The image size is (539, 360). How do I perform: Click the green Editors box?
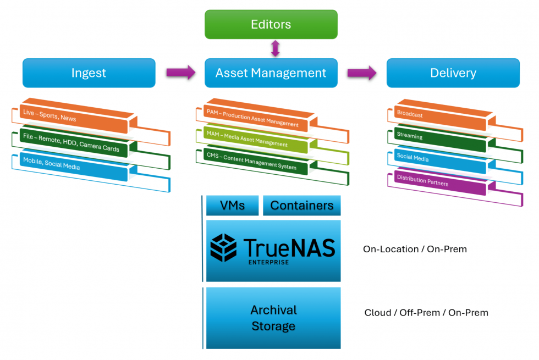pyautogui.click(x=271, y=25)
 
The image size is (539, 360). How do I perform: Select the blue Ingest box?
pyautogui.click(x=89, y=73)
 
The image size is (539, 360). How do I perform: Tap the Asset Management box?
pyautogui.click(x=271, y=73)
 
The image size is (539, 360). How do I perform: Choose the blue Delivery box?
pyautogui.click(x=453, y=73)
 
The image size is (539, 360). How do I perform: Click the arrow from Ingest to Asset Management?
pyautogui.click(x=180, y=72)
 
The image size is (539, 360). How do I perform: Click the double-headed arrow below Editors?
pyautogui.click(x=275, y=48)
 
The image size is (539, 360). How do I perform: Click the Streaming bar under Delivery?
pyautogui.click(x=440, y=139)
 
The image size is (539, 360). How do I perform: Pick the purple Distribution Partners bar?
pyautogui.click(x=440, y=182)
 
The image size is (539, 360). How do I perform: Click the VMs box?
pyautogui.click(x=232, y=206)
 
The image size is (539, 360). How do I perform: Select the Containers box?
pyautogui.click(x=302, y=206)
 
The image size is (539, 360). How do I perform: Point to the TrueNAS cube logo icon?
pyautogui.click(x=224, y=247)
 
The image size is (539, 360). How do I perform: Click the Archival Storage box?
pyautogui.click(x=273, y=318)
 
